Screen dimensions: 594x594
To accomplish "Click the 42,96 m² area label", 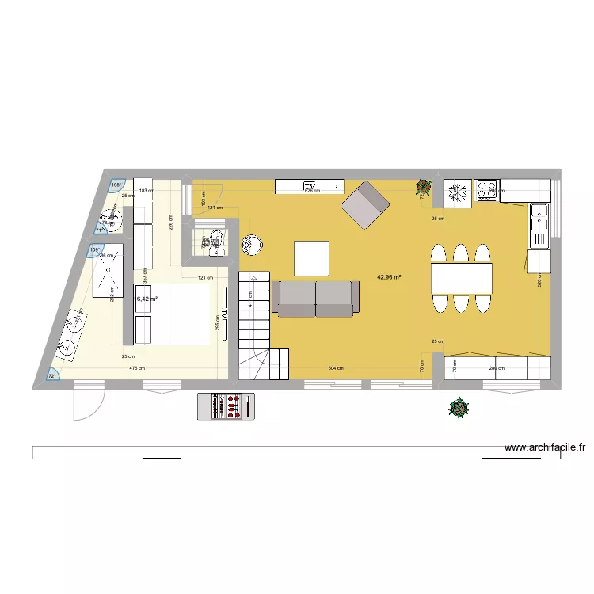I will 388,277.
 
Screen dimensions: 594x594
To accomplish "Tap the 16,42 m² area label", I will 146,299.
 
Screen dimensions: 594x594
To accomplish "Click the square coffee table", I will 311,258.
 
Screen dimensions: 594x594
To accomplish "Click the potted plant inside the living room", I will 424,188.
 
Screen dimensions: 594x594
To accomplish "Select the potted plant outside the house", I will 458,408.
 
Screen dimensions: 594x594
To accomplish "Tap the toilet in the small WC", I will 215,240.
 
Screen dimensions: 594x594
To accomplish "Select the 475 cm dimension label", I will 137,368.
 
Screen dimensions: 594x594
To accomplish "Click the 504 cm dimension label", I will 337,368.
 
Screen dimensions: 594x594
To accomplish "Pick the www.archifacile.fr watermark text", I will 546,447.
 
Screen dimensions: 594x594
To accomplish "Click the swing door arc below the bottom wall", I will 83,404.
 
